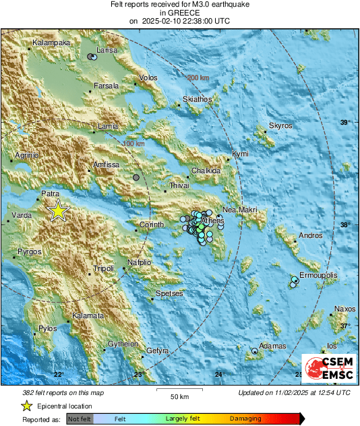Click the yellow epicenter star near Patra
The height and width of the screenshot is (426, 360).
point(59,211)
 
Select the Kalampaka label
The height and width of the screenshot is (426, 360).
point(49,42)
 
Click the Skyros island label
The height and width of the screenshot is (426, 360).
point(280,126)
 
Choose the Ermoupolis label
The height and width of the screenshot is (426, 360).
point(319,276)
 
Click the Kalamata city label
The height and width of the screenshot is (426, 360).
point(88,315)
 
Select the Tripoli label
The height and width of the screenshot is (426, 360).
point(103,268)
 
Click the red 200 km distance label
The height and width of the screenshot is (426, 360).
point(198,79)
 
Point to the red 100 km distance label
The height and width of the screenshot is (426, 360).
point(133,144)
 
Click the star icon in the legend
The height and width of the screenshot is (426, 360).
point(26,406)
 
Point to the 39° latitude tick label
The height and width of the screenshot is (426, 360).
point(345,122)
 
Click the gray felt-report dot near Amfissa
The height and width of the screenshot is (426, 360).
point(137,177)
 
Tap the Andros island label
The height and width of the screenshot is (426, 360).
point(310,236)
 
